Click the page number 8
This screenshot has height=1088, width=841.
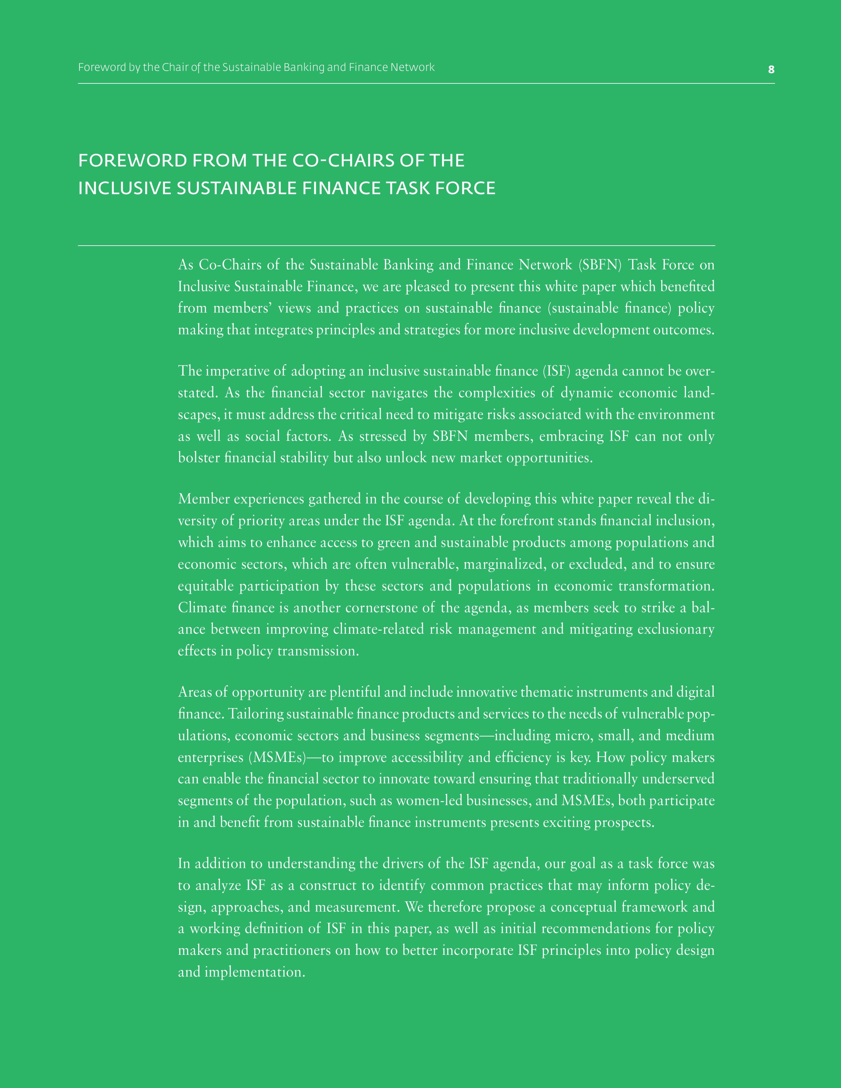click(x=771, y=70)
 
